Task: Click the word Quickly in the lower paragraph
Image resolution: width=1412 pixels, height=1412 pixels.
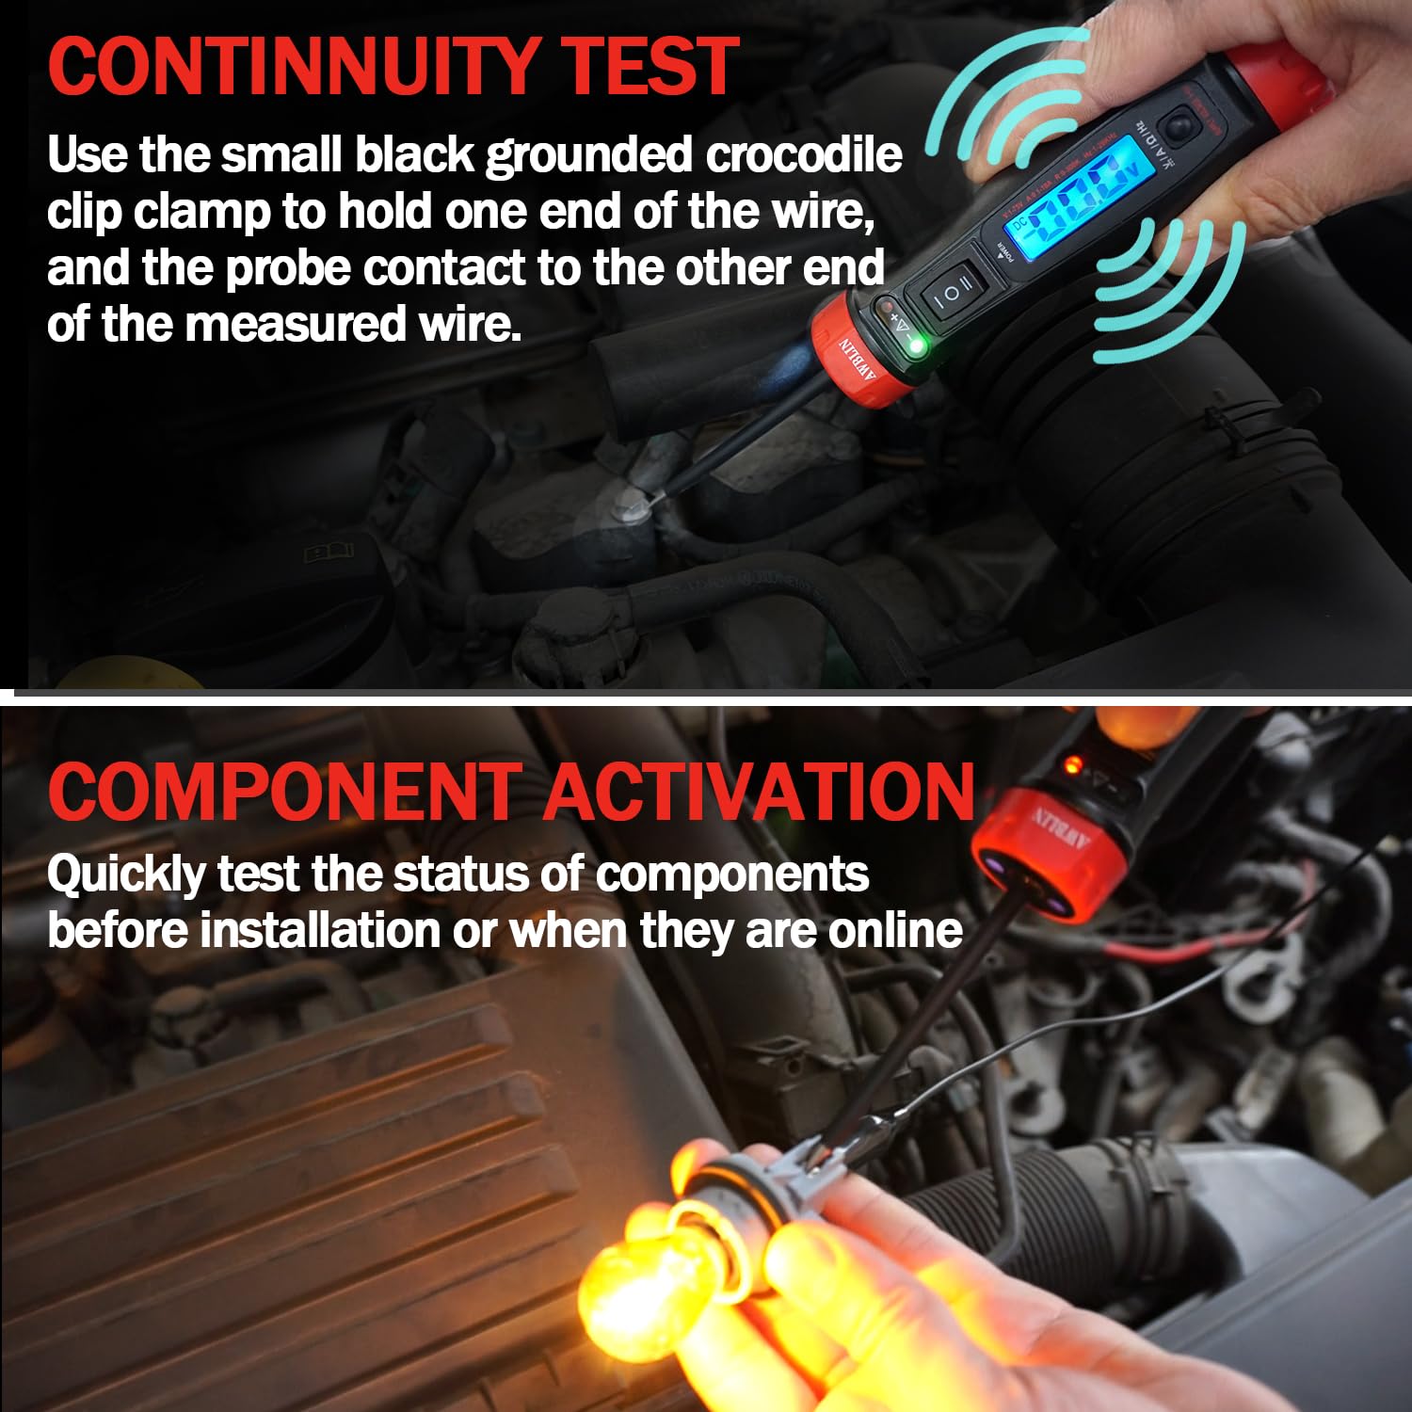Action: point(125,875)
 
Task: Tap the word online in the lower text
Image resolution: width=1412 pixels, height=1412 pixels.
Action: point(895,931)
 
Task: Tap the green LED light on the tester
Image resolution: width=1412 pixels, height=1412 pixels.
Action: point(915,348)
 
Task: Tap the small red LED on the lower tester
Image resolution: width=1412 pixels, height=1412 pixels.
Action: point(1070,764)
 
